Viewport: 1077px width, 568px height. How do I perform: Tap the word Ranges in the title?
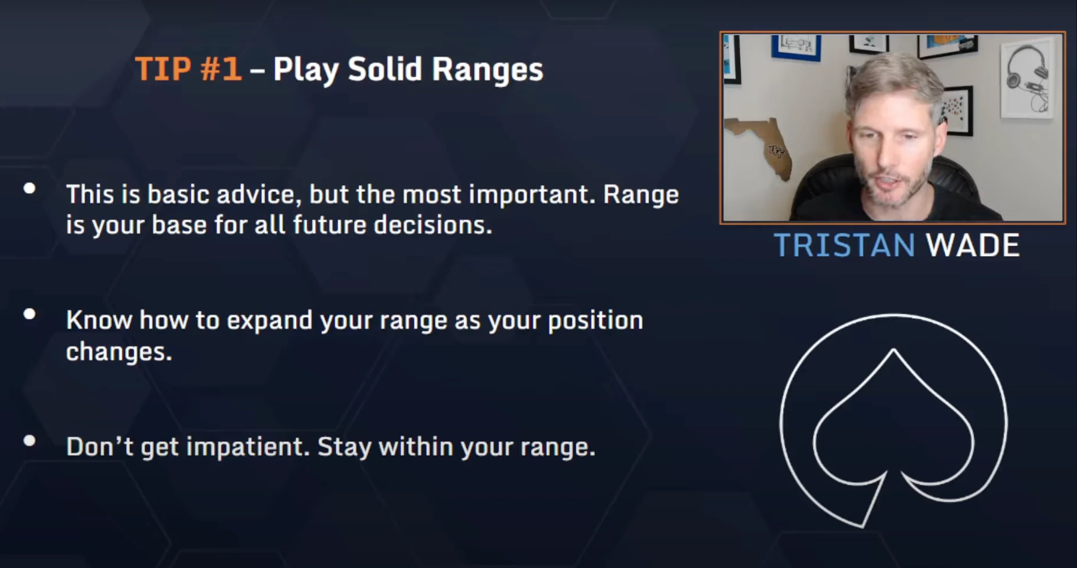tap(487, 70)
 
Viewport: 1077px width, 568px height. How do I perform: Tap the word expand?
tap(270, 321)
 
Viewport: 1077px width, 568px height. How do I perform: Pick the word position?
tap(595, 321)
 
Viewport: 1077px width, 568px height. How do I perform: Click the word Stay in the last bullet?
tap(344, 447)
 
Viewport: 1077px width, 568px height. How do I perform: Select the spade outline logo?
tap(893, 420)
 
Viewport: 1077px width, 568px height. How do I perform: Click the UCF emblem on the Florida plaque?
tap(776, 151)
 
